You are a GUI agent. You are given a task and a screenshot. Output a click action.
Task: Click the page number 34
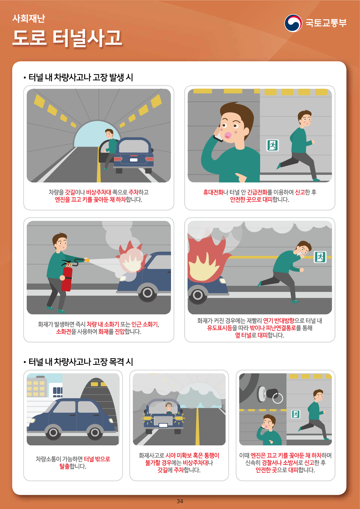[180, 501]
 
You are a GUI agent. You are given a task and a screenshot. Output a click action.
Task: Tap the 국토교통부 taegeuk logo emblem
[293, 23]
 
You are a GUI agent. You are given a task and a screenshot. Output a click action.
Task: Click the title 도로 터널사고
[67, 38]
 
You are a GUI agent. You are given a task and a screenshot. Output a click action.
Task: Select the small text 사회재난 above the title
[29, 18]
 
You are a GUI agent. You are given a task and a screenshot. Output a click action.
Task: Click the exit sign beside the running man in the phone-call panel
[273, 145]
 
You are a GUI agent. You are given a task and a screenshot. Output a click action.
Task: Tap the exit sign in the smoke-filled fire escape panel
[320, 257]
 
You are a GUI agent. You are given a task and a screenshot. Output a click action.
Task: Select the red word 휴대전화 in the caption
[213, 192]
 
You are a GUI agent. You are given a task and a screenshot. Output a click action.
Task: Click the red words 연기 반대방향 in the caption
[279, 321]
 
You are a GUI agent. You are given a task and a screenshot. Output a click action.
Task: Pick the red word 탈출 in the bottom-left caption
[64, 466]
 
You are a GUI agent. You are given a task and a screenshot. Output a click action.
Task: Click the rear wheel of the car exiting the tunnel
[53, 433]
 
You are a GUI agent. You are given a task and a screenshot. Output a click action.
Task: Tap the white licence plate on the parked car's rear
[134, 160]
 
